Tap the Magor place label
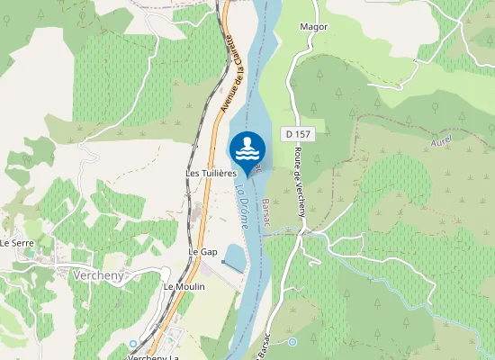point(315,27)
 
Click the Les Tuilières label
point(210,172)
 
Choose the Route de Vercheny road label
point(300,184)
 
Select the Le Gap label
point(202,251)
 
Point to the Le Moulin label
point(184,286)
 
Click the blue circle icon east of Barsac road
point(292,341)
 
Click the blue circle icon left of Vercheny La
point(133,343)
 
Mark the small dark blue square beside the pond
point(222,262)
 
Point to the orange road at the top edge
point(229,5)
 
